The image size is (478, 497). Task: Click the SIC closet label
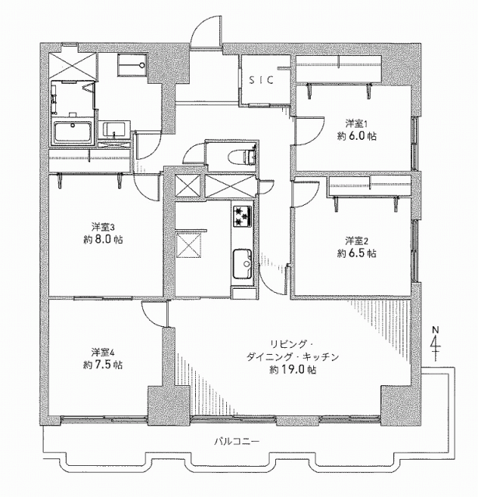click(x=260, y=80)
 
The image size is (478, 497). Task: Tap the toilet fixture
click(x=242, y=156)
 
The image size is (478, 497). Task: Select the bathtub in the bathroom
click(x=72, y=132)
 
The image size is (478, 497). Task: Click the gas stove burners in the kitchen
click(x=242, y=216)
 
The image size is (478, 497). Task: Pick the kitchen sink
click(x=242, y=264)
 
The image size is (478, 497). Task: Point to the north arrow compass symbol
click(x=435, y=343)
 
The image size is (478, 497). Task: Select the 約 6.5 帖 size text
click(x=357, y=254)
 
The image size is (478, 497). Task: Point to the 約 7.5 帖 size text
click(x=103, y=365)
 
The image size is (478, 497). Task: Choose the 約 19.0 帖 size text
click(x=293, y=370)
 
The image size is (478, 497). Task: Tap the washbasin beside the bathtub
click(x=113, y=130)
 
